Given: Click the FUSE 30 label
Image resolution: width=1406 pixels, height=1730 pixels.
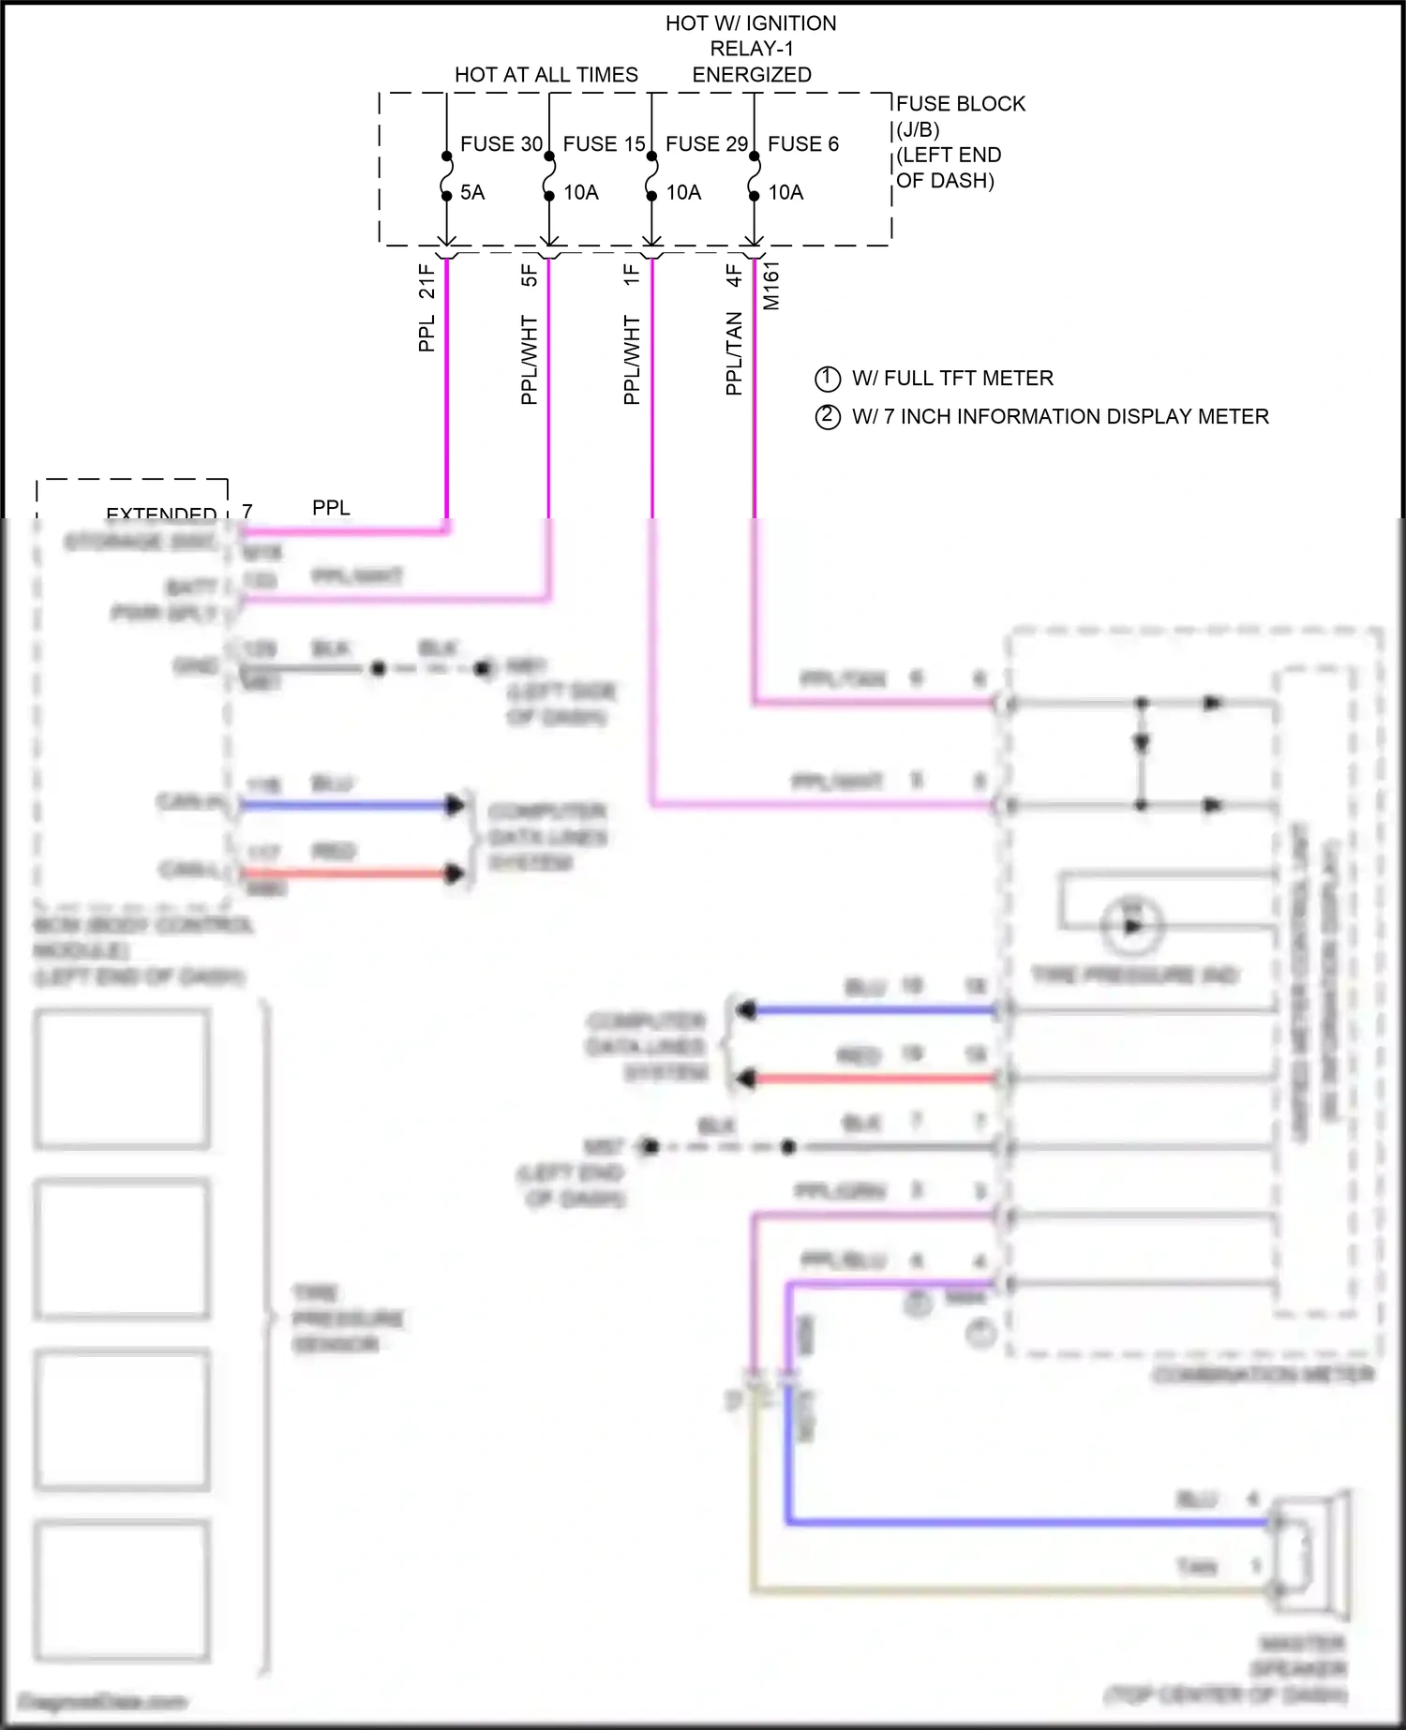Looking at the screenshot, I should (x=501, y=144).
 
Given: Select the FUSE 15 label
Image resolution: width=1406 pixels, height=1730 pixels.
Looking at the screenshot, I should (x=604, y=144).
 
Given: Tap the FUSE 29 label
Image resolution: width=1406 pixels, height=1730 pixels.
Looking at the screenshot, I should (x=707, y=144).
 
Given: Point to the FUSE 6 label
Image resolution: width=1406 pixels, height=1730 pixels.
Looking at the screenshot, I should (x=803, y=144).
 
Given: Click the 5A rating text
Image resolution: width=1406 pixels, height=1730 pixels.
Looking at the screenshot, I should (x=472, y=193).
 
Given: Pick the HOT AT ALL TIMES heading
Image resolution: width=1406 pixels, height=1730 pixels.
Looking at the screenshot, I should (x=546, y=75).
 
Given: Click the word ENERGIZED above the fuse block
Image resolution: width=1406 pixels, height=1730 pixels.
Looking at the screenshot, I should (x=752, y=75).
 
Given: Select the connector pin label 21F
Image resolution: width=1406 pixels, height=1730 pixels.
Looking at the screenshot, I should (x=427, y=281).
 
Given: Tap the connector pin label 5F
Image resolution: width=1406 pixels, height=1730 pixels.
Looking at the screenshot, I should (x=530, y=275).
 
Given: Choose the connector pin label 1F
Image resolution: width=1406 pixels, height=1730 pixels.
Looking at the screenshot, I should (x=632, y=275).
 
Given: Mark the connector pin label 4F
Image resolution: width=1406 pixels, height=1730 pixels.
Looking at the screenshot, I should (x=734, y=275).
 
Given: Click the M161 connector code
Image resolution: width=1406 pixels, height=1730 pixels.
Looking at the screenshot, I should (x=771, y=286).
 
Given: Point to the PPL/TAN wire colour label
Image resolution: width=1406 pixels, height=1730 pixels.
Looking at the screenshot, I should (x=734, y=353).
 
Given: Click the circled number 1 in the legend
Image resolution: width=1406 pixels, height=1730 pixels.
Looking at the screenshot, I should (x=828, y=379).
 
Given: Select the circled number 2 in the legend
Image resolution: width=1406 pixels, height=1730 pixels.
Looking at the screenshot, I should (x=828, y=416).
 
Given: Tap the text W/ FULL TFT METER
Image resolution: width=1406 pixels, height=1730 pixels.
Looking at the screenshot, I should (x=952, y=379).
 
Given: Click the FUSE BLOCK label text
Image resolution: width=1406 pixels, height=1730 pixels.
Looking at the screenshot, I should (x=961, y=104).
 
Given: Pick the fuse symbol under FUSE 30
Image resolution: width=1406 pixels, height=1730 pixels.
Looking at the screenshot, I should (x=447, y=176).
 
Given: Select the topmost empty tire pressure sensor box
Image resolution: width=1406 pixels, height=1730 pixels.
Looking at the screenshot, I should (x=122, y=1078).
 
